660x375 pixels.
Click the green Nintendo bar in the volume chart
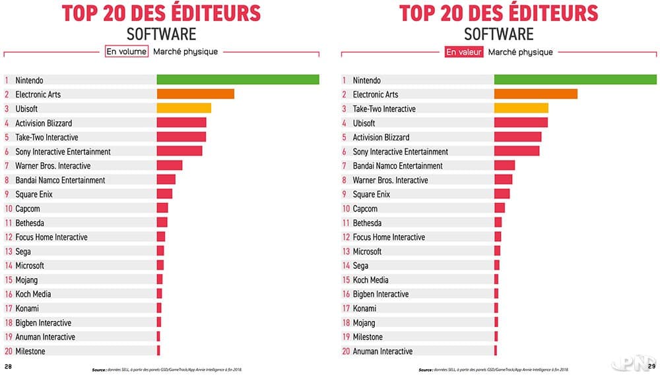238,80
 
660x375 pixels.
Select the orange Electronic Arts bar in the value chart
535,94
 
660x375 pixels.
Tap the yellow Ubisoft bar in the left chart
183,108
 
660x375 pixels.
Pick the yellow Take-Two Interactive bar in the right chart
521,108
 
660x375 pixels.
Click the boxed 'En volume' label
126,51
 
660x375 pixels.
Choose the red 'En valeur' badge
464,51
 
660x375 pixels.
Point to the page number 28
9,366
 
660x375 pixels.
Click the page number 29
651,366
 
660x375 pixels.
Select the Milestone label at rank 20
30,351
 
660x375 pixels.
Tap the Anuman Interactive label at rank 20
383,351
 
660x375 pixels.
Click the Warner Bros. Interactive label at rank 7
53,165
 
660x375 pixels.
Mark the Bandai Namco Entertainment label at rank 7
397,165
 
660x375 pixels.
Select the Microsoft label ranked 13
367,251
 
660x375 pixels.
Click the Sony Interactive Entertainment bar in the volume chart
179,151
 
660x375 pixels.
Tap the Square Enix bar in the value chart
502,194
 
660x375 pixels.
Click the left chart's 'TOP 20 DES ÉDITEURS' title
161,13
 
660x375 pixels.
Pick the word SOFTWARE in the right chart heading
499,33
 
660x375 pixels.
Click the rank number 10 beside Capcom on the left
9,208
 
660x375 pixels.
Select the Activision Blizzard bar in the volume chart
181,123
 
